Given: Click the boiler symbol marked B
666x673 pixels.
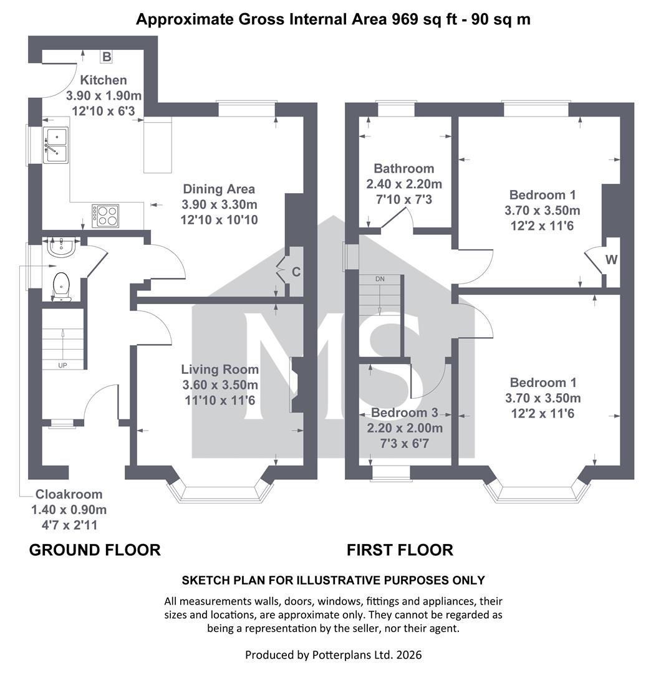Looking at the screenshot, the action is click(x=106, y=56).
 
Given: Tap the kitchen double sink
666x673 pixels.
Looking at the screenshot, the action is click(x=55, y=145).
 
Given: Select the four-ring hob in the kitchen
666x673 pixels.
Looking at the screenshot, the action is click(x=105, y=216).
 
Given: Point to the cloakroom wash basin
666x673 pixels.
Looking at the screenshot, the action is click(x=62, y=246).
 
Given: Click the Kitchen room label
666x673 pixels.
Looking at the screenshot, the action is click(x=104, y=80).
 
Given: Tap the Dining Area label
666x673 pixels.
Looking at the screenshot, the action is click(x=219, y=189).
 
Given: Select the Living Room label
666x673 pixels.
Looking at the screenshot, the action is click(x=220, y=369).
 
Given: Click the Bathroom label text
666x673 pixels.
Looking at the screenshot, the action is click(x=404, y=168).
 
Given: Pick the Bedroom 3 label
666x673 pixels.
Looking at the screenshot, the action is click(x=405, y=413).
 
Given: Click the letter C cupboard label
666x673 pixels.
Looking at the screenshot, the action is click(x=296, y=272).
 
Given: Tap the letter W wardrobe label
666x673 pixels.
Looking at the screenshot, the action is click(x=612, y=260).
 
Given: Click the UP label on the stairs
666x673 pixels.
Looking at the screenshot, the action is click(x=63, y=365).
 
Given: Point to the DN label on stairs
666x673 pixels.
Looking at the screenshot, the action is click(x=380, y=279).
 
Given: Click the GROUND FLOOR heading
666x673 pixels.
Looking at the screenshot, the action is click(x=95, y=550).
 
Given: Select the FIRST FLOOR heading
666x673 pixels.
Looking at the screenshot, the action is click(x=400, y=550).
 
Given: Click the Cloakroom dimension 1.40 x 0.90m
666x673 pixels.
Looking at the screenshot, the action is click(x=69, y=510).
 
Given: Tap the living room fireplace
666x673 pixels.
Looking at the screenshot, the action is click(x=297, y=385).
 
